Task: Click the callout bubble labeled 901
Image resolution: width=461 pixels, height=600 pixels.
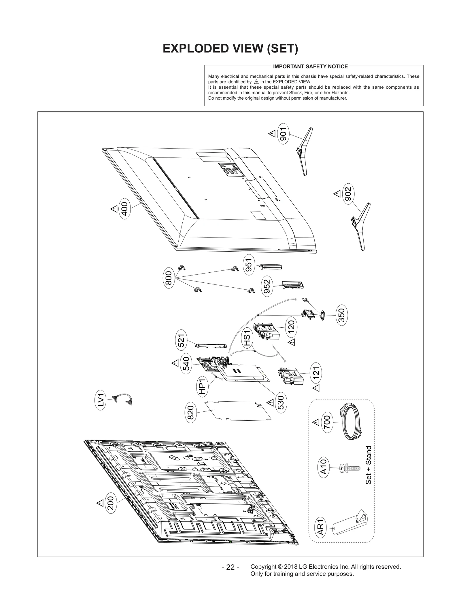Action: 284,134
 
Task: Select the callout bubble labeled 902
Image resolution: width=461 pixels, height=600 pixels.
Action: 348,193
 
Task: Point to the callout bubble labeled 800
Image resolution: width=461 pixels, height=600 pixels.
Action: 169,278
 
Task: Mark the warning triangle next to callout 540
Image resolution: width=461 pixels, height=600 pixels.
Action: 175,363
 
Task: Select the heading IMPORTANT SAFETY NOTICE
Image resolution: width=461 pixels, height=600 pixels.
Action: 310,67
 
